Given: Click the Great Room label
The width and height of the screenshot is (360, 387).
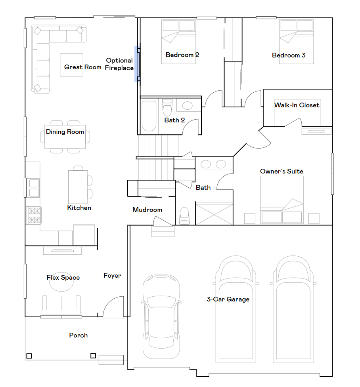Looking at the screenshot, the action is pos(83,67).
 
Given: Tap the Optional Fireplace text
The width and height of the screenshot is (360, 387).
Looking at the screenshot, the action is pos(119,64).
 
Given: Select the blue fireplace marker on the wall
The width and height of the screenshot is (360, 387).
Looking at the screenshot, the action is pos(137,64).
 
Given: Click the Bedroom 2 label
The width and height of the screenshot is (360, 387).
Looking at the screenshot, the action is pos(182,55).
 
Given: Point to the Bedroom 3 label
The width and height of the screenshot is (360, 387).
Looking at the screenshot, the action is pos(289,55).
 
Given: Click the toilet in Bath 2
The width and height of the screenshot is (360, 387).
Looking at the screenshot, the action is pos(167,107).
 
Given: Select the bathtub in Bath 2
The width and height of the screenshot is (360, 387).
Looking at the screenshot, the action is pos(149,116).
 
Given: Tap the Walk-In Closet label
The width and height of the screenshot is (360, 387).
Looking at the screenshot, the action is pos(297,105).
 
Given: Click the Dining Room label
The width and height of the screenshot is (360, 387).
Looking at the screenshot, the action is pos(65,132).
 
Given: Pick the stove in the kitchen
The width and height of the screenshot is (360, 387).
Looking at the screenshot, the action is pos(34,215).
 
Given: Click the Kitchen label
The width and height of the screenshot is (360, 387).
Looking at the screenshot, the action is pos(79,208).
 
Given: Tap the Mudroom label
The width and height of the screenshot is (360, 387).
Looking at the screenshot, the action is pos(147,210).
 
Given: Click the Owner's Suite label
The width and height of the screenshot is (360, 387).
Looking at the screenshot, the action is pos(281,171).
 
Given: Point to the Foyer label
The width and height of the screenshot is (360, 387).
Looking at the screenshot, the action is pos(112,275).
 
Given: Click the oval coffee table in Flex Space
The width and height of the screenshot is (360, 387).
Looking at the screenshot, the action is pos(61,283).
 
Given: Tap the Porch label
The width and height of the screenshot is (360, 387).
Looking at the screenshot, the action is pos(79,335).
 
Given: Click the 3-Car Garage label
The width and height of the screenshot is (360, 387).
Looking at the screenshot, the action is pos(228,299).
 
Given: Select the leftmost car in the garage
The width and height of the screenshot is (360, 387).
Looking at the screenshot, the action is pos(161,317).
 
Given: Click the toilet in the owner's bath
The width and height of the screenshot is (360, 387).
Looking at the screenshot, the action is pos(184,216).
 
